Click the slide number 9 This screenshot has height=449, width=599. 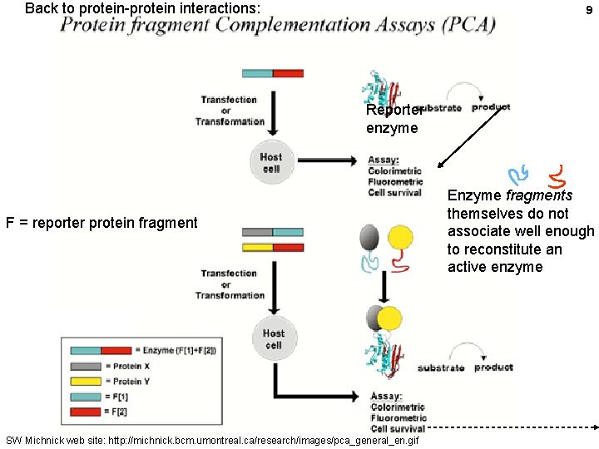coord(589,11)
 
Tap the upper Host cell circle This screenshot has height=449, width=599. coord(271,161)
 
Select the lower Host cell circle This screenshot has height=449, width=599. coord(274,338)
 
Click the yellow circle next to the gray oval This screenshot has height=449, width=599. coord(400,239)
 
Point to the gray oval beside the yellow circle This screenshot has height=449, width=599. coord(369,239)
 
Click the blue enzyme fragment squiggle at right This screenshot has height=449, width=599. coord(518,175)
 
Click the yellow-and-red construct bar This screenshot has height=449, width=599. coord(273,247)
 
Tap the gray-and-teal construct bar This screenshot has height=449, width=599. coord(273,232)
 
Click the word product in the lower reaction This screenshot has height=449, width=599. coord(493,368)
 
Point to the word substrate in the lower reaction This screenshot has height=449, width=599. coord(441,368)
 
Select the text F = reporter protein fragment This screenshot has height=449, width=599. coord(101,222)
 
